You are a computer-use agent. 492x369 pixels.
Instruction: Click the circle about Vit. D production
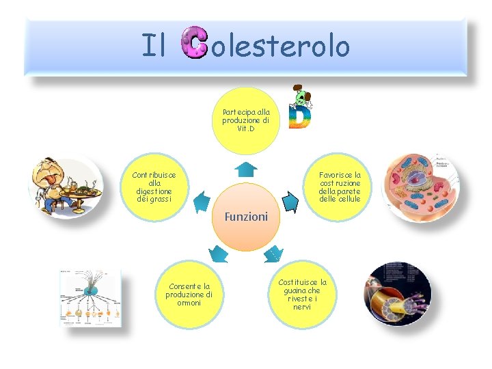(246, 120)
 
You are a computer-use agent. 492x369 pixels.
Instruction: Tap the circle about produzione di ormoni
(189, 295)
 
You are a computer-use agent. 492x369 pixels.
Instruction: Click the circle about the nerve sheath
(302, 295)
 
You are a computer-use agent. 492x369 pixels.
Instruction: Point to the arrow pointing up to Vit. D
(245, 168)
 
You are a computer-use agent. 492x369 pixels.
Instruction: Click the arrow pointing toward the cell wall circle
(290, 202)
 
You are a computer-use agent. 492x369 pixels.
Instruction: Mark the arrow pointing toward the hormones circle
(219, 254)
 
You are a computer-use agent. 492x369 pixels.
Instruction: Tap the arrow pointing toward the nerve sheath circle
(273, 254)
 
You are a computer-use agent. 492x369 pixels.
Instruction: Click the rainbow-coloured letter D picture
(299, 109)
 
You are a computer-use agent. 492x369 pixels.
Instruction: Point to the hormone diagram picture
(90, 298)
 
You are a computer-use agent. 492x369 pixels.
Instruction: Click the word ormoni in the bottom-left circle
(189, 303)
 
